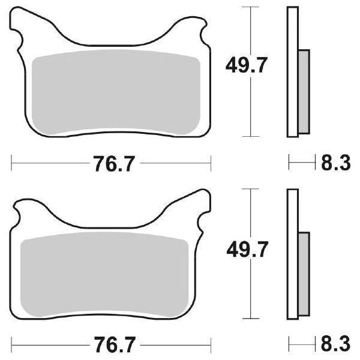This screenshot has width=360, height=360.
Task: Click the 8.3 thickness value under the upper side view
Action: click(334, 163)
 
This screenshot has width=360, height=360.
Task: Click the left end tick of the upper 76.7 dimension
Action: click(11, 161)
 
